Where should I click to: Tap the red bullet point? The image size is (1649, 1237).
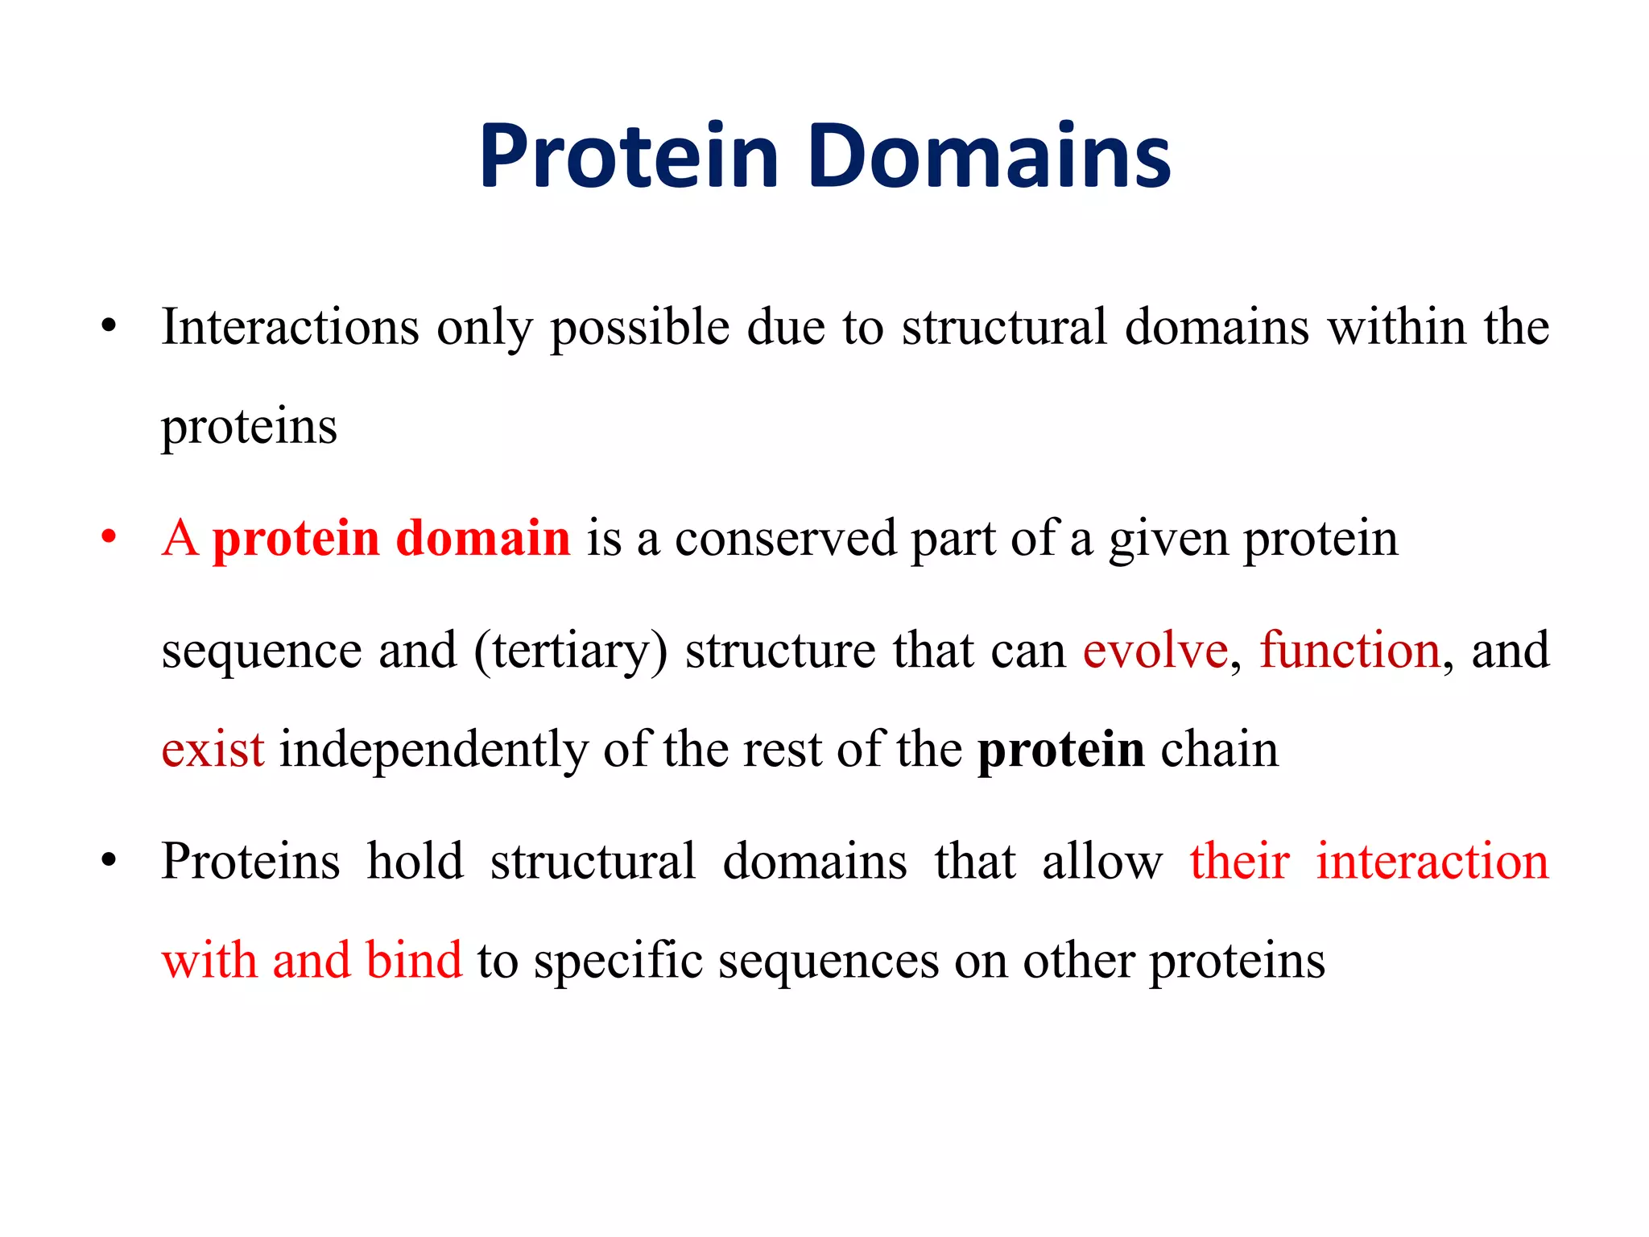click(109, 537)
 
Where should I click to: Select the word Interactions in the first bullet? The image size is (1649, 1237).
click(290, 328)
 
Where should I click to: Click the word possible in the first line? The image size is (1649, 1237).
click(640, 329)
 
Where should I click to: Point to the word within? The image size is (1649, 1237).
click(1396, 328)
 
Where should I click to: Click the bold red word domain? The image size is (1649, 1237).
click(483, 538)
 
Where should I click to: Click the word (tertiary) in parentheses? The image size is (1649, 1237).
click(571, 652)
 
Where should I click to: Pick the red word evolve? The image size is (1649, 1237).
click(1155, 651)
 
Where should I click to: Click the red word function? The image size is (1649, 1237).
click(1349, 651)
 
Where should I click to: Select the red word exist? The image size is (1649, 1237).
click(213, 750)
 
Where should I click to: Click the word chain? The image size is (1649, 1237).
click(1219, 750)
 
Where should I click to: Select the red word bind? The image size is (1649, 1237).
click(414, 961)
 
